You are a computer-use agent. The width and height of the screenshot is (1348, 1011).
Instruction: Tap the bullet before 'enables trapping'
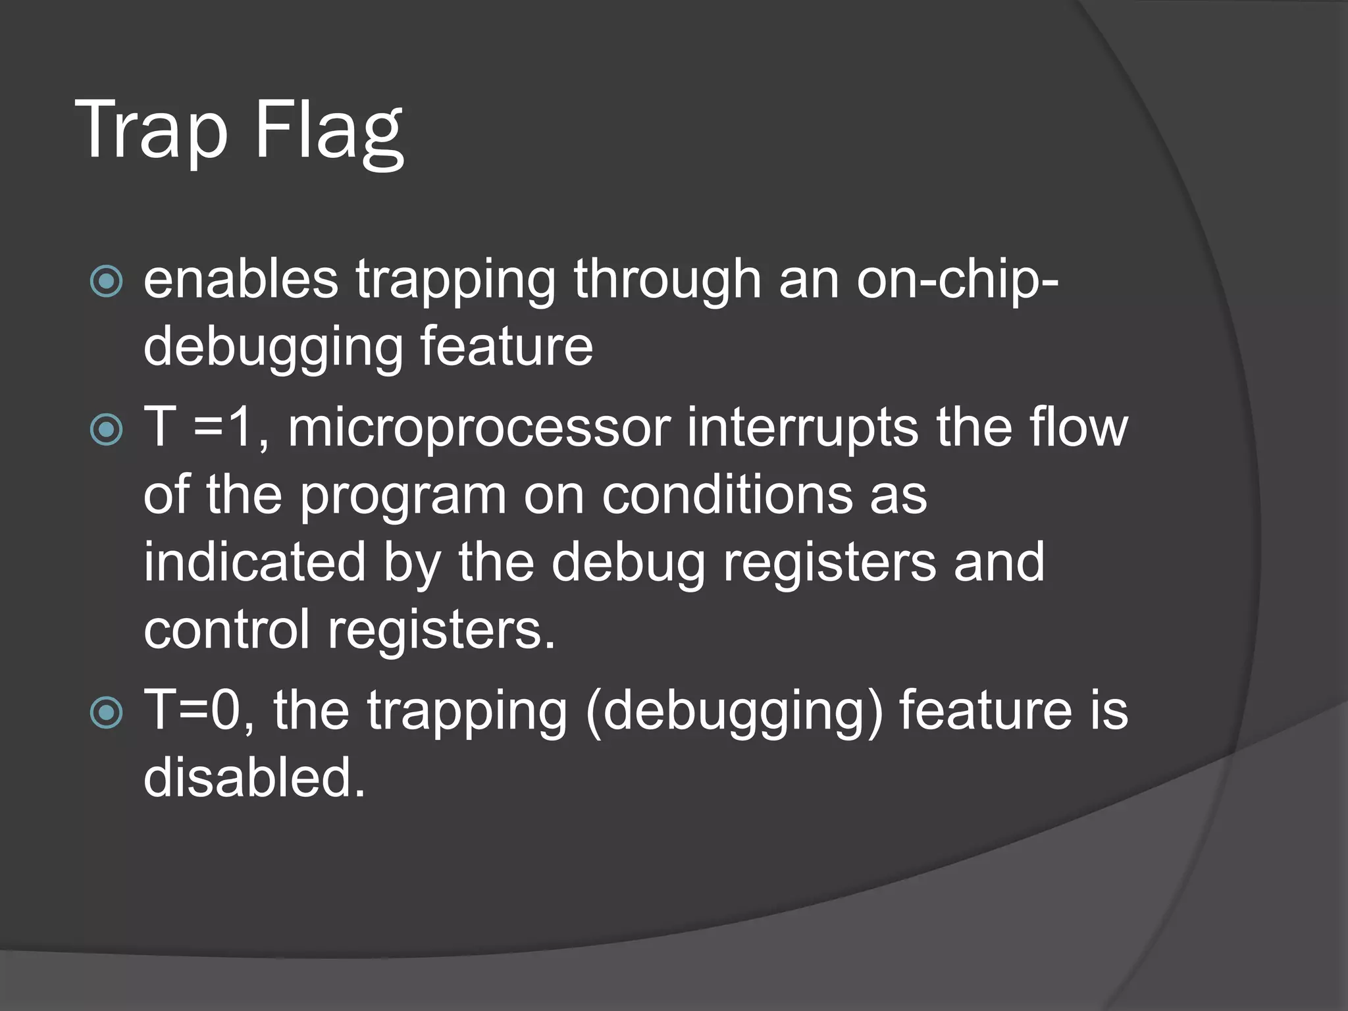click(106, 282)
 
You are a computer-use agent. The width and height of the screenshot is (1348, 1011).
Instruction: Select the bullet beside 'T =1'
click(106, 430)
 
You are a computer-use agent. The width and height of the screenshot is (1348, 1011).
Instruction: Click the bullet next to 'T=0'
click(106, 712)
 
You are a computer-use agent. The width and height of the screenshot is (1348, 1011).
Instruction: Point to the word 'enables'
click(241, 279)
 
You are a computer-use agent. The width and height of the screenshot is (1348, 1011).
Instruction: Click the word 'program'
click(403, 498)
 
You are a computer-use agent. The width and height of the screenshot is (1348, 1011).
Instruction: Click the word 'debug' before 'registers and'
click(628, 565)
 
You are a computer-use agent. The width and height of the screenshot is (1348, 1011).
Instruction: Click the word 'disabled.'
click(254, 778)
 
